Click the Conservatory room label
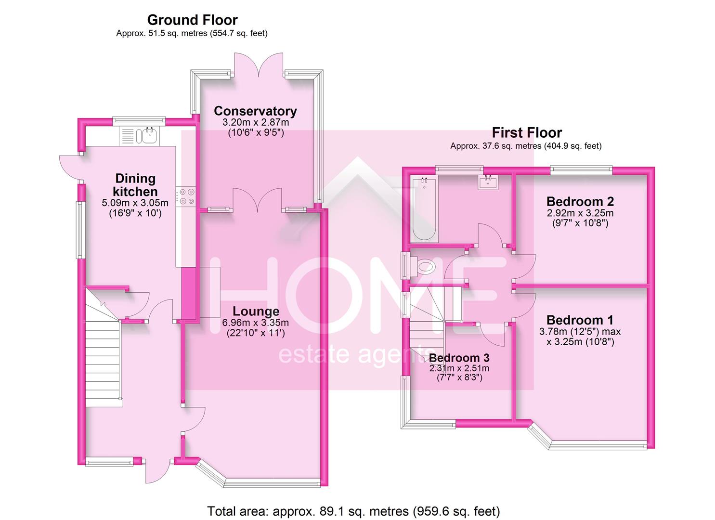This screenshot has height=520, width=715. (x=255, y=111)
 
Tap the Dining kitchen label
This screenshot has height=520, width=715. (x=135, y=185)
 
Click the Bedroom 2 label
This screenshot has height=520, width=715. (x=580, y=201)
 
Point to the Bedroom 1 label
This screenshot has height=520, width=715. (x=580, y=320)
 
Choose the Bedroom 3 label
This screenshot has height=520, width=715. (x=459, y=358)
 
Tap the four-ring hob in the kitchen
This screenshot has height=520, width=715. (x=186, y=197)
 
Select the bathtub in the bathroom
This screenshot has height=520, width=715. (x=424, y=209)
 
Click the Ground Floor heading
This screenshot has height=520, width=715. (x=192, y=20)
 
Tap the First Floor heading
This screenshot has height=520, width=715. (x=526, y=133)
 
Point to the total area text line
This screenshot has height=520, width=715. (x=353, y=511)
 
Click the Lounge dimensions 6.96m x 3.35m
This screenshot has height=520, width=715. (x=255, y=323)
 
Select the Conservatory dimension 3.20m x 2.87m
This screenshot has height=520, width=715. (x=255, y=122)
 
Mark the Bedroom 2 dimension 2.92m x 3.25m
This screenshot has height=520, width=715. (x=580, y=213)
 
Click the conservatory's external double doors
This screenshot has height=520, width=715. (x=260, y=65)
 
